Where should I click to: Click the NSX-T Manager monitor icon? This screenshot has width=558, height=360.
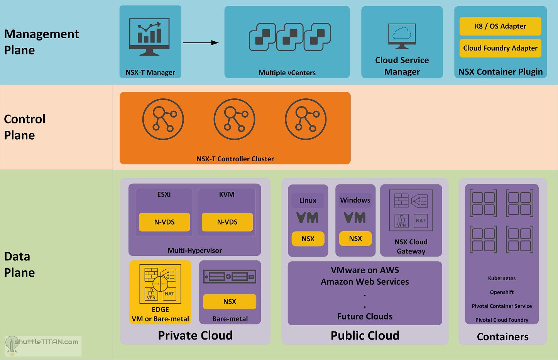coord(150,37)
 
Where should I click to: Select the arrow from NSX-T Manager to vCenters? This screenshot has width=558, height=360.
coord(200,42)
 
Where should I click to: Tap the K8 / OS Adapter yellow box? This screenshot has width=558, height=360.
coord(500,26)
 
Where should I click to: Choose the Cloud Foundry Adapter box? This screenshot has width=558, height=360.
coord(500,48)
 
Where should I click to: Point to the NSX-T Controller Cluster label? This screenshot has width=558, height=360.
coord(235,159)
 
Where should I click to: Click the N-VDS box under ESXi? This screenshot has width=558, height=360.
coord(164,222)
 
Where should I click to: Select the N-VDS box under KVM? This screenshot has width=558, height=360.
coord(227,222)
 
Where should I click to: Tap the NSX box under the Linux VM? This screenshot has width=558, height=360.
coord(308,239)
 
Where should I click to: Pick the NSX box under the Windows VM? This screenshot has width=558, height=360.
coord(355,238)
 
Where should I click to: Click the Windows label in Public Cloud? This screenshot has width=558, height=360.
coord(355,200)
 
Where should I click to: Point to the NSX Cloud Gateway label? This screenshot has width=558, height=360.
coord(411,247)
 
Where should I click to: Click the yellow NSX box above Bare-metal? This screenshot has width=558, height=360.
coord(230,302)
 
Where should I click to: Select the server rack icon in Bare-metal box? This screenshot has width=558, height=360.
coord(230,277)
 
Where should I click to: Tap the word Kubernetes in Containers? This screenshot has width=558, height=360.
coord(502,278)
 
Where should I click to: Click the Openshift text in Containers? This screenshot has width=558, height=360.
coord(502,292)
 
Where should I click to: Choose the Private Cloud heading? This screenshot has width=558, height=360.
coord(195,335)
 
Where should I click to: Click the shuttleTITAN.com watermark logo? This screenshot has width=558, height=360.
coord(42,345)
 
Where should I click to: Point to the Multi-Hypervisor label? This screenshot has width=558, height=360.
coord(194,250)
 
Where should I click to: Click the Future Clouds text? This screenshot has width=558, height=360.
coord(365,316)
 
